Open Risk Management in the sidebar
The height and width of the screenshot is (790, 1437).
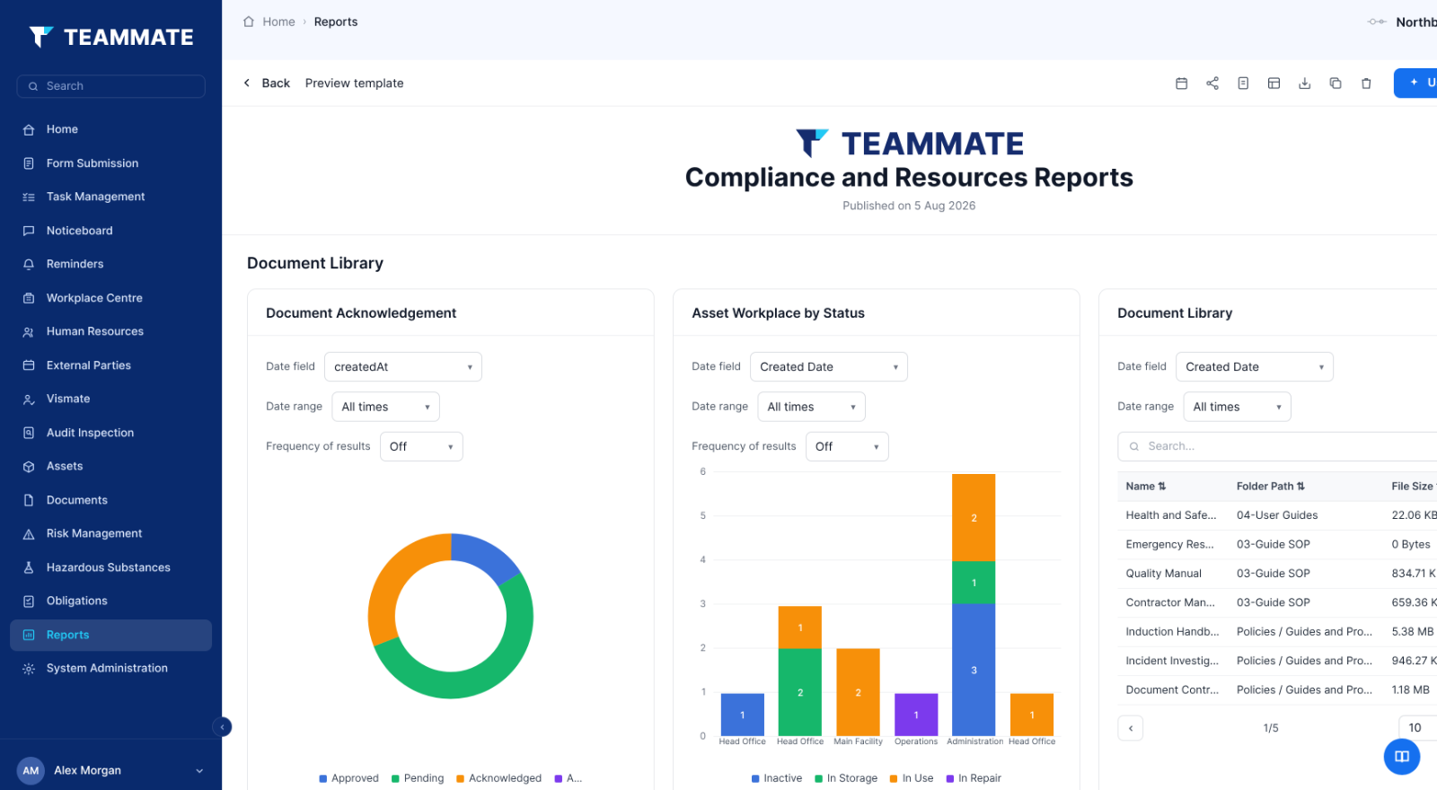click(x=93, y=533)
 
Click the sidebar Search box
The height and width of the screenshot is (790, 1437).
click(x=111, y=86)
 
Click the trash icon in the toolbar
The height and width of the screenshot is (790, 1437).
click(x=1366, y=83)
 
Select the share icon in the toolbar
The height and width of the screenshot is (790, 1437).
click(x=1212, y=83)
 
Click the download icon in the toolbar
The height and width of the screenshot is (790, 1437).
click(x=1304, y=83)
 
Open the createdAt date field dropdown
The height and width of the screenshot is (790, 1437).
click(x=403, y=367)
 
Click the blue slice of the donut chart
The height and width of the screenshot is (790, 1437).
click(x=486, y=554)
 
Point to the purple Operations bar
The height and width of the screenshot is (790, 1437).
click(x=915, y=715)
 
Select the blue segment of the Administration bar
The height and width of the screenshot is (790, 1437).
click(x=974, y=670)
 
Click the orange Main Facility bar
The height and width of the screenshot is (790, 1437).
click(x=858, y=692)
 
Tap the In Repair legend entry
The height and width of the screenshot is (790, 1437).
click(x=974, y=777)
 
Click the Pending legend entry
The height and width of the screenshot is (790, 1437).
click(x=418, y=777)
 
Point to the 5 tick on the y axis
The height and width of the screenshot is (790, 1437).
click(x=703, y=515)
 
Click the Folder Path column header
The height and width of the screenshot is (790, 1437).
click(x=1270, y=486)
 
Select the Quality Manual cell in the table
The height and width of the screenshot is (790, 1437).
click(x=1163, y=574)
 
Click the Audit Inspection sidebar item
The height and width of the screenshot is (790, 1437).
click(x=90, y=433)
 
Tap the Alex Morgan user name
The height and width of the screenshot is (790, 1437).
click(x=87, y=770)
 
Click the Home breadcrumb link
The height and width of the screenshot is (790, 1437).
click(x=278, y=22)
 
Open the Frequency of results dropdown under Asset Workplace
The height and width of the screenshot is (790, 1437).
click(x=847, y=446)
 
